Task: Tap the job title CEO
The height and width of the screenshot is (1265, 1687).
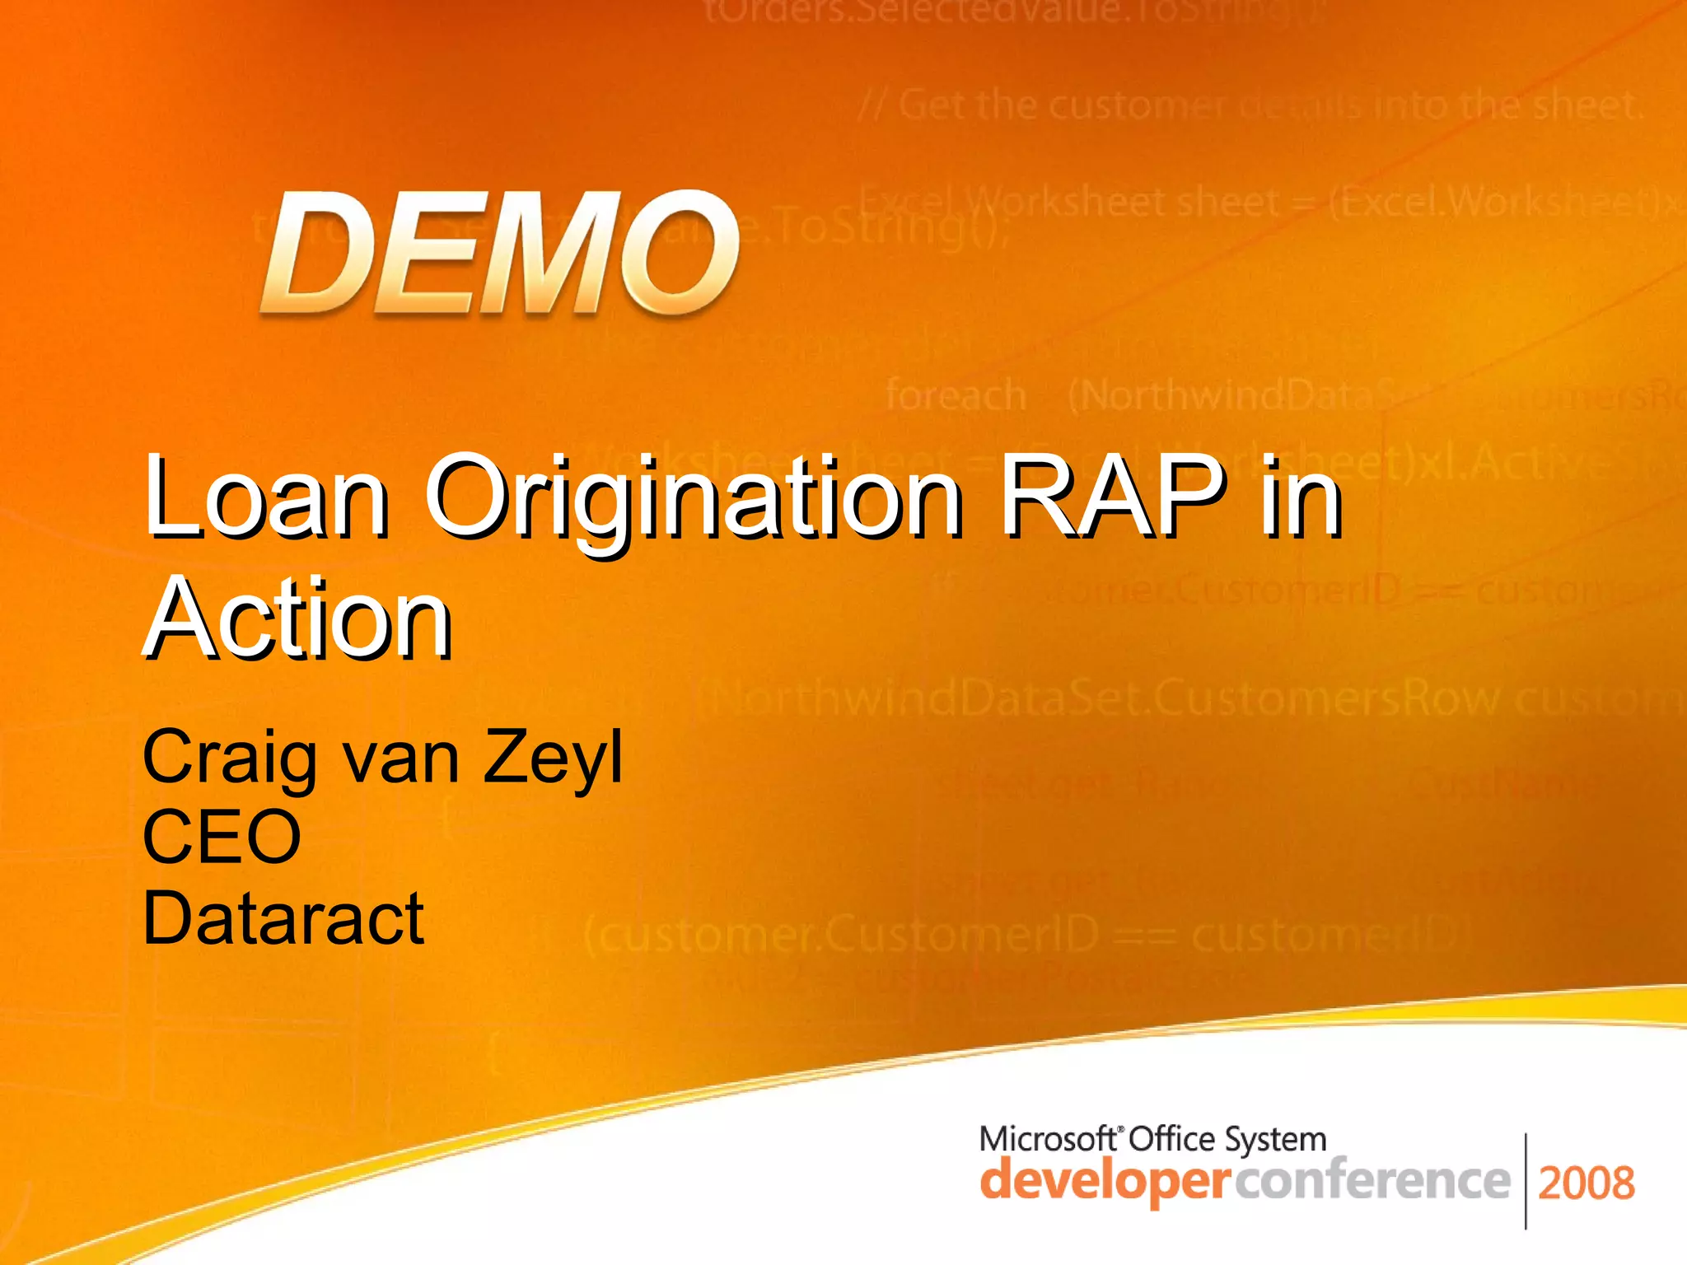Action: [222, 837]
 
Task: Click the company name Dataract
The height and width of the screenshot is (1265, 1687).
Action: [283, 917]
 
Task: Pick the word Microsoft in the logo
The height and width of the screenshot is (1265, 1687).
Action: [1048, 1140]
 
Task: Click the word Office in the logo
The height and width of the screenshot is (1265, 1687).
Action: [1171, 1140]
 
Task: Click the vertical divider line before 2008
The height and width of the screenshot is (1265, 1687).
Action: [1526, 1181]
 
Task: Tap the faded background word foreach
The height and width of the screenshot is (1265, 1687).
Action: [956, 395]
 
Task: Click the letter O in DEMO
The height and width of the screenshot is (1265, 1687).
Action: [679, 252]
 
